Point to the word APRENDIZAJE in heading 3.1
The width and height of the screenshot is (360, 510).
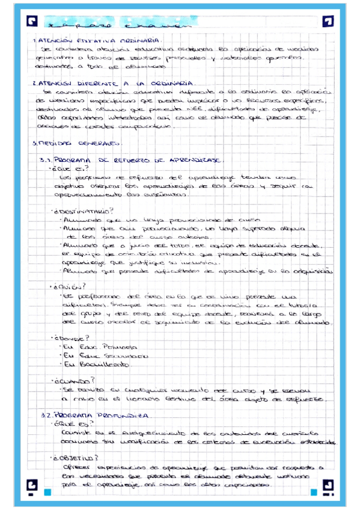(198, 161)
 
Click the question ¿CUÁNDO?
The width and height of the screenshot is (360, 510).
(72, 380)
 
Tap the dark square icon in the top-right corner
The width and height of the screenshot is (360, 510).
(328, 22)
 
